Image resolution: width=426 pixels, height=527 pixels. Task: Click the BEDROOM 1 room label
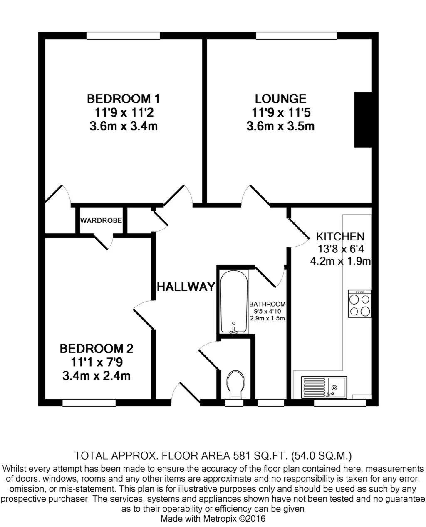[x=123, y=99]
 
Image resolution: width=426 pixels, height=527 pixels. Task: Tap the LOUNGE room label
[x=280, y=99]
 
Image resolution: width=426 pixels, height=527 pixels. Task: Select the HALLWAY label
[x=186, y=287]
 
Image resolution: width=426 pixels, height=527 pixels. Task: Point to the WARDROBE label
[x=101, y=220]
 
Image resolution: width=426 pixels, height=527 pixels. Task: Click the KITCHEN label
[x=340, y=237]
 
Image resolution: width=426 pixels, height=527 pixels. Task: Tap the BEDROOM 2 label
[x=97, y=348]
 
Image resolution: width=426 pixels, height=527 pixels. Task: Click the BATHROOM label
[x=267, y=304]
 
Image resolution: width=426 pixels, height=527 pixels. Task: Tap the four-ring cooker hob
[x=359, y=304]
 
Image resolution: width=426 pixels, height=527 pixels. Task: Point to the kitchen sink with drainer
[x=324, y=387]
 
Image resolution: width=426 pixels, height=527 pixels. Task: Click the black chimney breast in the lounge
[x=363, y=120]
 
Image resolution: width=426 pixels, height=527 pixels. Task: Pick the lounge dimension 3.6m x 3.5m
[x=280, y=126]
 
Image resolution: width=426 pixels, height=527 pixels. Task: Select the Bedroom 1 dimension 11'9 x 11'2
[x=123, y=112]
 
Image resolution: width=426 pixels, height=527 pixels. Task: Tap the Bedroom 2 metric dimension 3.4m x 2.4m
[x=97, y=376]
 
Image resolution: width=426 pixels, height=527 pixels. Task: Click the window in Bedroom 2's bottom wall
[x=89, y=403]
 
